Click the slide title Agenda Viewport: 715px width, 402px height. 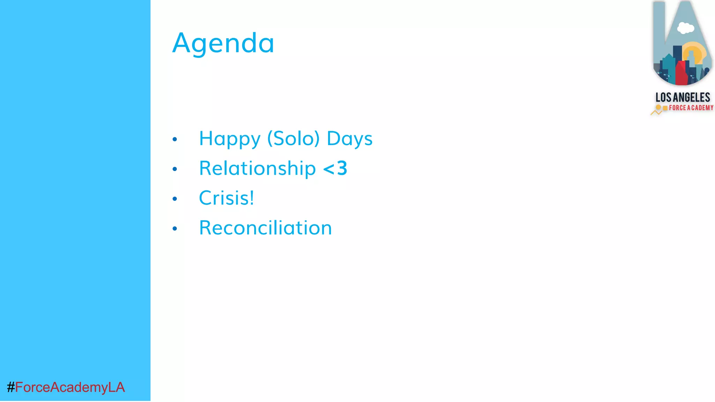[x=223, y=43]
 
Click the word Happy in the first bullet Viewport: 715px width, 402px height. [x=229, y=139]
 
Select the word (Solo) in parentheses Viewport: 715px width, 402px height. [x=293, y=139]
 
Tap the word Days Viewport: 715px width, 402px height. [x=349, y=139]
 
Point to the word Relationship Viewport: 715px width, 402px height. [x=257, y=168]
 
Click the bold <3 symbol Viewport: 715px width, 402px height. [x=335, y=168]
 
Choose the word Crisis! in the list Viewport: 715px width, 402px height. [x=226, y=198]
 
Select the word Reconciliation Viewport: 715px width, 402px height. [x=265, y=228]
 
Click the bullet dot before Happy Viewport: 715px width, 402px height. [x=175, y=140]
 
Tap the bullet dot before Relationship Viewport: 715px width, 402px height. [x=175, y=169]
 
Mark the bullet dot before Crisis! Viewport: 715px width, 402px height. [x=175, y=199]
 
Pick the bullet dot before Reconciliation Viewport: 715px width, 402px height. [x=175, y=229]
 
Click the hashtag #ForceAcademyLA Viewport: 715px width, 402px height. [x=66, y=387]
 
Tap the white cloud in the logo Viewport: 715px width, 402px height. [x=685, y=28]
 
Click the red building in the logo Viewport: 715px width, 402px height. [x=681, y=73]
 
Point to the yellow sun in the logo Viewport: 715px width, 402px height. [x=697, y=52]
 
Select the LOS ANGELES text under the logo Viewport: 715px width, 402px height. [x=683, y=97]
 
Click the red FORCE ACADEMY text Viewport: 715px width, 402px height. [x=691, y=108]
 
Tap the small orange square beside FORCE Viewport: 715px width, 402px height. [x=665, y=108]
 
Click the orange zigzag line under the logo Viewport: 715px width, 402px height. [x=656, y=113]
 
